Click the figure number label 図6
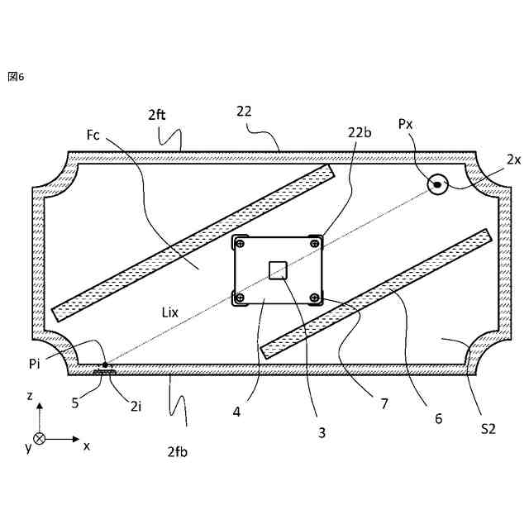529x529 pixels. coord(16,76)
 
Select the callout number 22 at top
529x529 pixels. coord(244,111)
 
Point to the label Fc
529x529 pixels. coord(93,135)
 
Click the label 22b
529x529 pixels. coord(360,133)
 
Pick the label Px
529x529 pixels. coord(406,124)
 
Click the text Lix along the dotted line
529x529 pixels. coord(171,312)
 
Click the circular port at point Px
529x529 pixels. coord(436,184)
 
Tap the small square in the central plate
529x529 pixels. coord(278,270)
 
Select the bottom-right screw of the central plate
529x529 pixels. coord(313,298)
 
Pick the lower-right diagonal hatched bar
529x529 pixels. coord(376,293)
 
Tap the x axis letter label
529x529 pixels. coord(86,446)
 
